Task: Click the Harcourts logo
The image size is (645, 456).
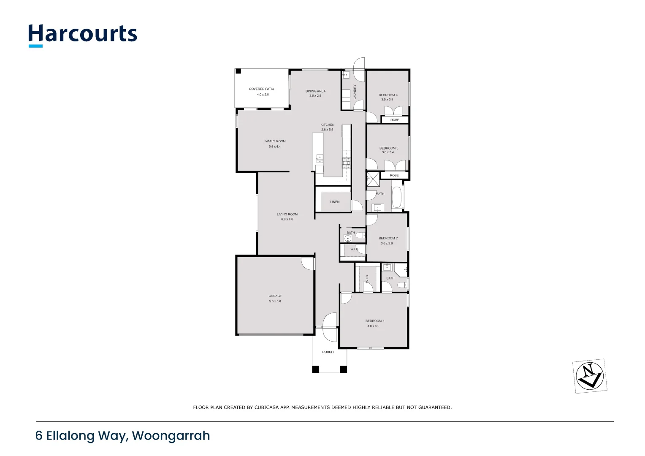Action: (83, 35)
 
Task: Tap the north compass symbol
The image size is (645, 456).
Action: (590, 375)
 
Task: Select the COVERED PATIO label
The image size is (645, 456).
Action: (261, 89)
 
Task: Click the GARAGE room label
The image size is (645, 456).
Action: (275, 296)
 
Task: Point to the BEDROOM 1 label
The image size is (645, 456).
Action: (374, 321)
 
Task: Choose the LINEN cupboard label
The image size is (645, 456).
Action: (335, 202)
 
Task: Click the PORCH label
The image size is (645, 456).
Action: (328, 352)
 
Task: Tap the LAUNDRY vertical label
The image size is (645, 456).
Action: (355, 92)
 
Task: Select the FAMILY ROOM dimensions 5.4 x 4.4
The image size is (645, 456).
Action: (275, 147)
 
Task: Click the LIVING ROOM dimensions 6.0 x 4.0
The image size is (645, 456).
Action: (287, 219)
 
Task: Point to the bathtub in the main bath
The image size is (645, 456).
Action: (396, 197)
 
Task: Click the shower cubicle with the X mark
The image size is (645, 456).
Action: (373, 179)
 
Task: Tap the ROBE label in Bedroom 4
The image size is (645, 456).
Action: (395, 120)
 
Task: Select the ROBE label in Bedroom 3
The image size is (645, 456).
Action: (394, 175)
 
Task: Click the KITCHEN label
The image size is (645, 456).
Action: (328, 125)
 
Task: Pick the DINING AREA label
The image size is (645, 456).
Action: (315, 91)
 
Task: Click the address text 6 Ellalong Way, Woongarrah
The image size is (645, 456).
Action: (122, 436)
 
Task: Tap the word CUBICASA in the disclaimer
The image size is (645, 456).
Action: (267, 407)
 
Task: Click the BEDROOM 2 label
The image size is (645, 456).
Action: (388, 238)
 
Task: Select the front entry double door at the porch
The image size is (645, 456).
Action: (330, 327)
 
